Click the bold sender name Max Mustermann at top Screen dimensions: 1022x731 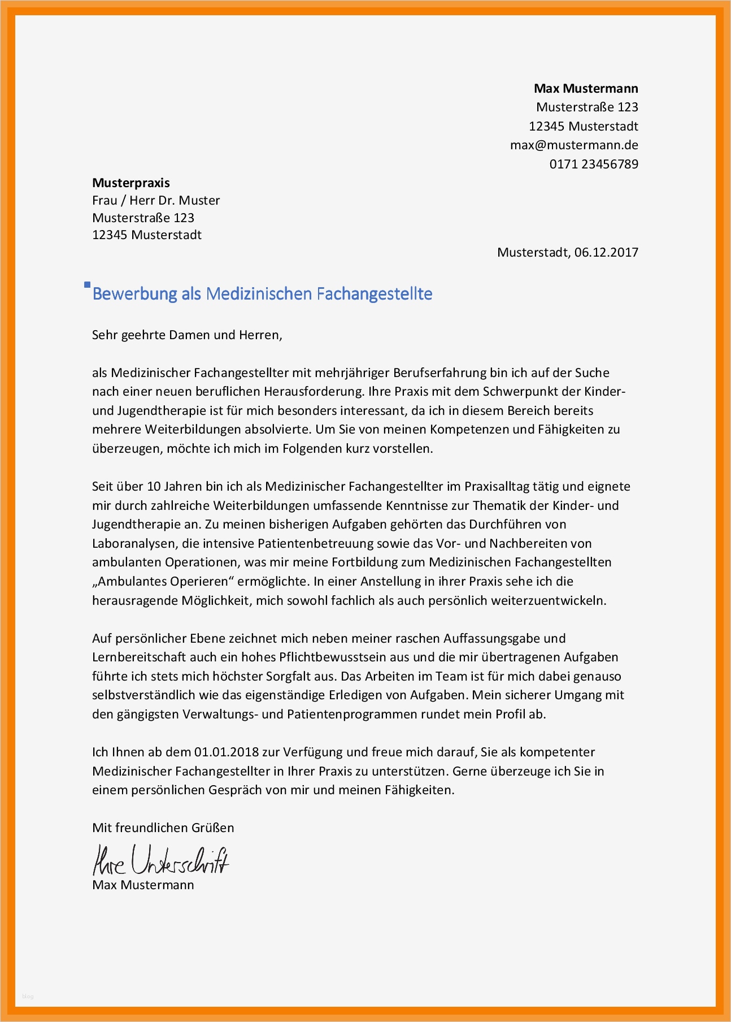[x=586, y=89]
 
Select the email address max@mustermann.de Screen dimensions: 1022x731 [x=574, y=145]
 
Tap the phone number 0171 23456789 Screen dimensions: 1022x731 [x=594, y=164]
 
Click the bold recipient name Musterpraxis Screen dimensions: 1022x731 [x=131, y=183]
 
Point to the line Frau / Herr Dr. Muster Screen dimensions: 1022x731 [x=156, y=201]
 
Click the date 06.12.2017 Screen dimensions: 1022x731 [x=606, y=253]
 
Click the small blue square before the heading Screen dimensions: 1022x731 [x=87, y=285]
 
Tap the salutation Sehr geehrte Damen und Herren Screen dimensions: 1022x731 [x=187, y=335]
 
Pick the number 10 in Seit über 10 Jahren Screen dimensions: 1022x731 [x=154, y=487]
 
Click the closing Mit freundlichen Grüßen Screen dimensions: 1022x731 [x=163, y=828]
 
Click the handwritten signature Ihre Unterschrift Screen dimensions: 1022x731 [x=161, y=860]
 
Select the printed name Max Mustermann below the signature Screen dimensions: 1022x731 [x=143, y=885]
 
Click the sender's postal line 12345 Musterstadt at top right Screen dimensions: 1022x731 [x=583, y=127]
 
